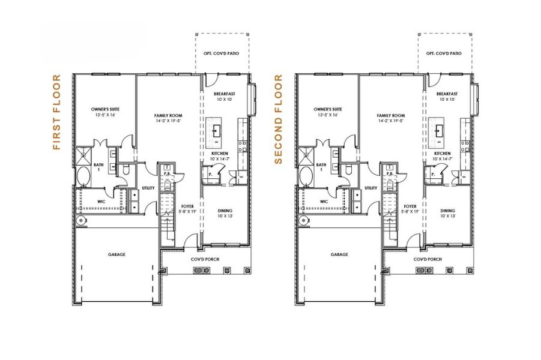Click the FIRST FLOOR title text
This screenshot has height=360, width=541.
[x=57, y=112]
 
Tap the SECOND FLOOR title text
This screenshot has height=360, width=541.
[x=279, y=119]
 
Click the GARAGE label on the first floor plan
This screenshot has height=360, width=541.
[x=117, y=254]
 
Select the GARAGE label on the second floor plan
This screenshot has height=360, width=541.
[x=339, y=254]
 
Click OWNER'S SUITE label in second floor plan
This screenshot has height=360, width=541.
[x=327, y=109]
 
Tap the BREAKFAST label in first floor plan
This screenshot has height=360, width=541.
[x=224, y=94]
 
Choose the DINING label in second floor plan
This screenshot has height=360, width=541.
[x=447, y=211]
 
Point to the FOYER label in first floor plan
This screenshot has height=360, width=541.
[x=186, y=206]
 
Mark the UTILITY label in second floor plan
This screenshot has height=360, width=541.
[x=371, y=188]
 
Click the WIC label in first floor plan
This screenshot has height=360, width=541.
[x=101, y=202]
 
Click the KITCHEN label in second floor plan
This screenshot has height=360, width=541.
[x=443, y=154]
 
